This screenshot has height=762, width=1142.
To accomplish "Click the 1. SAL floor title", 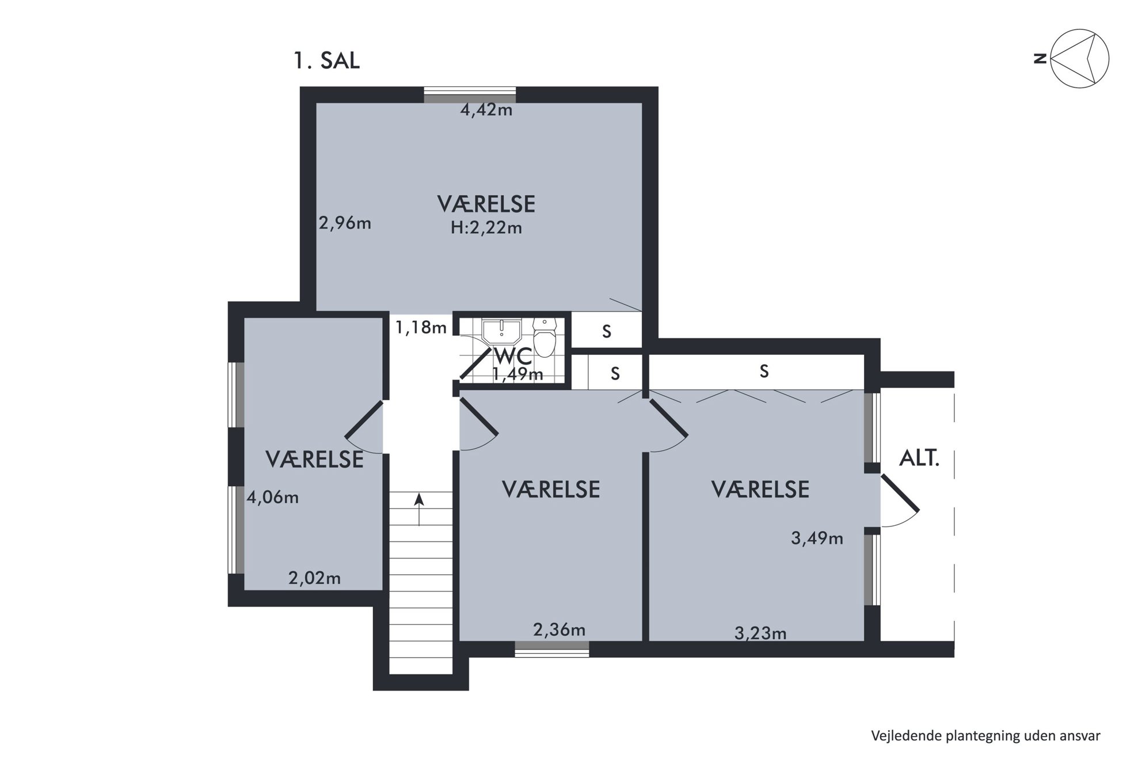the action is pos(327,60).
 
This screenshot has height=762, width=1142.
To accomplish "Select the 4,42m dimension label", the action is pos(486,109).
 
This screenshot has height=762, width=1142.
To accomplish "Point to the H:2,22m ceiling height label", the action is pos(486,228).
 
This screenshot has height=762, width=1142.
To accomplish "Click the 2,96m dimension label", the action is pos(345,223).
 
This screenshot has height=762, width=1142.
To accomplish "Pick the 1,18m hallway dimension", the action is pos(421,327).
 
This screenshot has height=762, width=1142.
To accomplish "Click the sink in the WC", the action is pos(501,332).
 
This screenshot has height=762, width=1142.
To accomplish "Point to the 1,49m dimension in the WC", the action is pos(517,374).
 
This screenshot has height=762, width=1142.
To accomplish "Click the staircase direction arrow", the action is pos(419,509).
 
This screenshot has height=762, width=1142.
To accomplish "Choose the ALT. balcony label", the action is pos(919,458).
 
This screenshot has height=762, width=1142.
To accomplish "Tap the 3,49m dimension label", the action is pos(817,539).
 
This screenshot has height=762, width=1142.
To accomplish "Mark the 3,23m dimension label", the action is pos(760,634).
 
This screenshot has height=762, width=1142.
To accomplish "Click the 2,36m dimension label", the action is pos(559,630).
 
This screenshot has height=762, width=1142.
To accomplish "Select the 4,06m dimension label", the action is pos(273,497).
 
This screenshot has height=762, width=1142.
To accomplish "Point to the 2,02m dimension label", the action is pos(314,578).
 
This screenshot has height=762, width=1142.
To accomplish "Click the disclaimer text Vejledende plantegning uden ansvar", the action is pos(985,736).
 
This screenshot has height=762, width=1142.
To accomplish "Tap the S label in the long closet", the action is pos(764,371).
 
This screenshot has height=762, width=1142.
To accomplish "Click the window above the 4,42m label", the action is pos(470,94).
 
